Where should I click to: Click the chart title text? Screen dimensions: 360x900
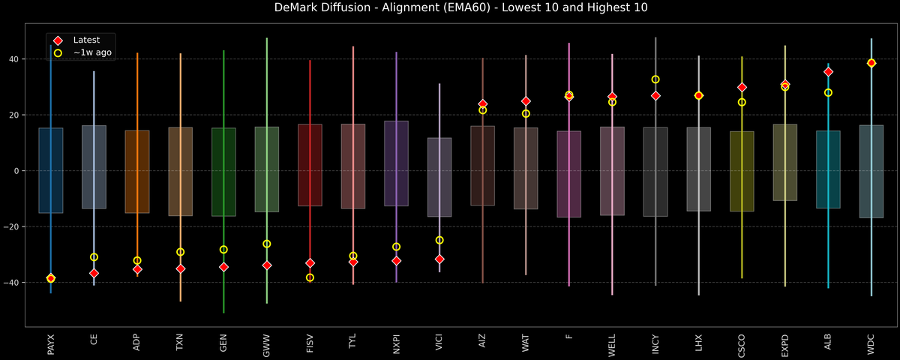click(450, 8)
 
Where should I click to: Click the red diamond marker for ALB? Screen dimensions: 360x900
click(828, 72)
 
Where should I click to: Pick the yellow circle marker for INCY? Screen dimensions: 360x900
click(655, 79)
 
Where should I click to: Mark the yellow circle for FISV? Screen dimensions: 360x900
click(310, 277)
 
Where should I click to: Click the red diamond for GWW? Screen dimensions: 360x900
click(267, 265)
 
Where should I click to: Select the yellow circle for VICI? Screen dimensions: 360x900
click(439, 241)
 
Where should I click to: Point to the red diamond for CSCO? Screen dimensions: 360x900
click(742, 88)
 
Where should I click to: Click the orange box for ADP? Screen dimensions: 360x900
click(137, 172)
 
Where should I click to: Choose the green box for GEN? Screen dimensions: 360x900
click(223, 172)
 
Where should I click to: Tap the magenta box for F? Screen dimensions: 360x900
click(569, 174)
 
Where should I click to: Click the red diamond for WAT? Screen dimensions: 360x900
click(526, 101)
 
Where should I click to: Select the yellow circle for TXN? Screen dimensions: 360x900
click(180, 252)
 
